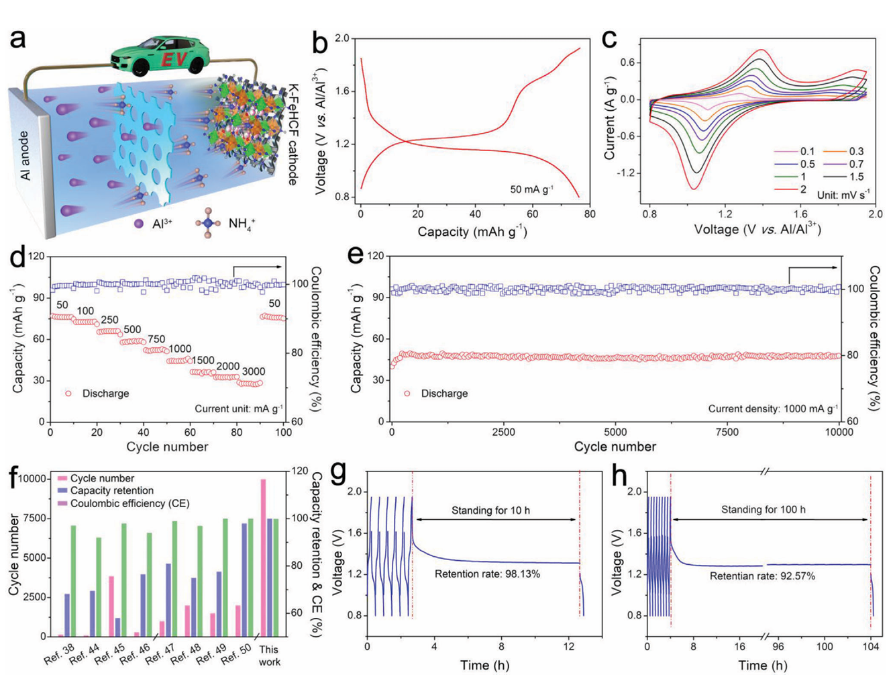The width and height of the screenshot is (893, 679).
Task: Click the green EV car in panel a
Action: (159, 56)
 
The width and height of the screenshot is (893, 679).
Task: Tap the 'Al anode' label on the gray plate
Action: (25, 155)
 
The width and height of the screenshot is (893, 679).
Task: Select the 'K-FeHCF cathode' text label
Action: (293, 134)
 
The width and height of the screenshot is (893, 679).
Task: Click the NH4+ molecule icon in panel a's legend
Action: (207, 223)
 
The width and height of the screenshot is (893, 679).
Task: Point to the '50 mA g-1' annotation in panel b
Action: (531, 189)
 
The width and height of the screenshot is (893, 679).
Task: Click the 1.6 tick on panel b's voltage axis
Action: (342, 91)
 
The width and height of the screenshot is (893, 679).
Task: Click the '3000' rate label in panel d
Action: (253, 371)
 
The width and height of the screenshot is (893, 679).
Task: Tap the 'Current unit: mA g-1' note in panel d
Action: (239, 408)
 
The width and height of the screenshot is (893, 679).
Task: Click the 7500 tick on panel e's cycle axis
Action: (727, 432)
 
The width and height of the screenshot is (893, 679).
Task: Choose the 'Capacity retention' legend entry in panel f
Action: (105, 491)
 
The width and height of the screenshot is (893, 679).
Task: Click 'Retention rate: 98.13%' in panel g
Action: (487, 574)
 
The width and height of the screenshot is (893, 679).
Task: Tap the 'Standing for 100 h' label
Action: (763, 510)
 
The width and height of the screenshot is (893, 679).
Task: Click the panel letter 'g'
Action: (339, 473)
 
